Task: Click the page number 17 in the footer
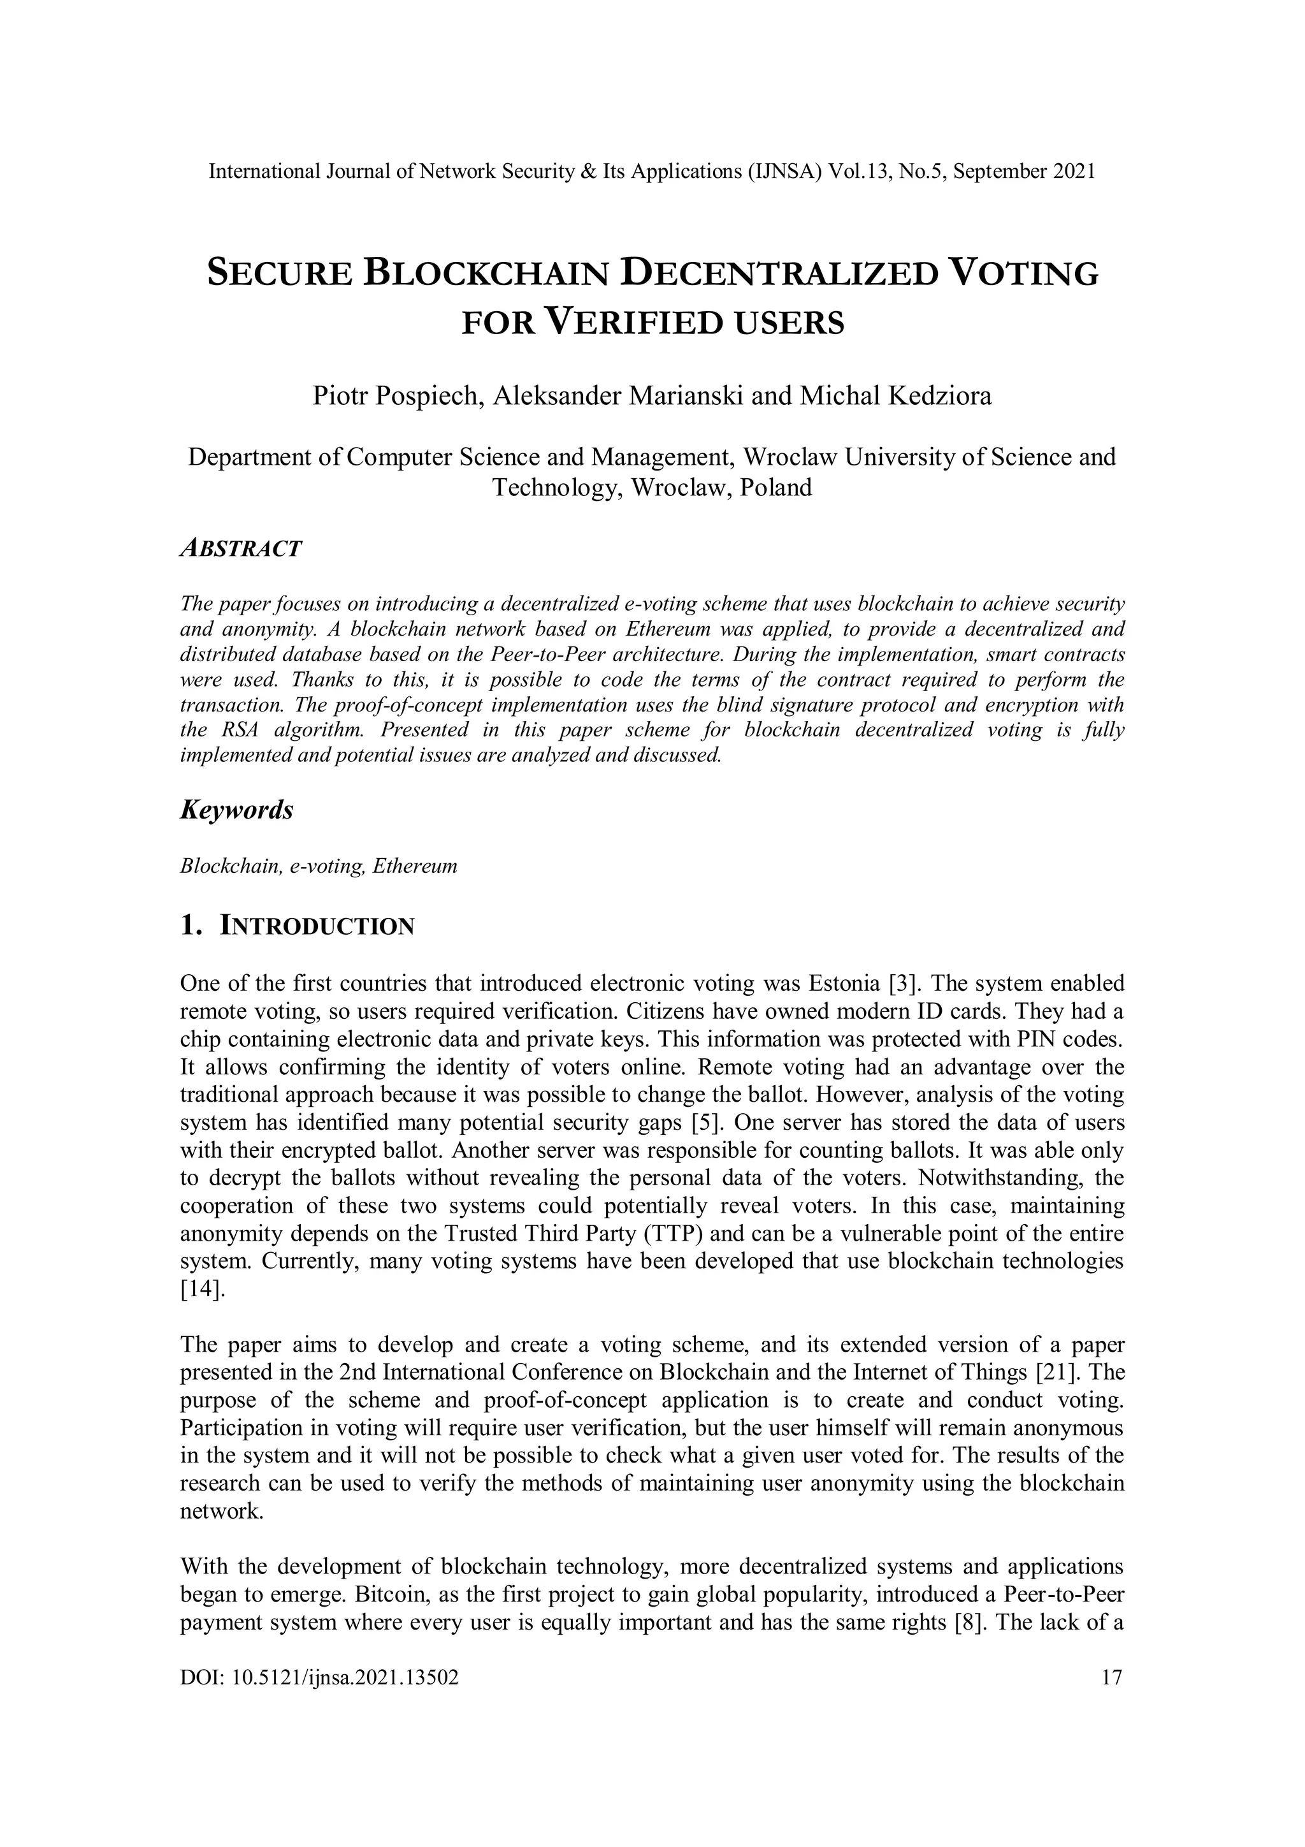click(x=1111, y=1678)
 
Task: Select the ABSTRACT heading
click(x=240, y=549)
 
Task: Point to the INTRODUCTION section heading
click(x=317, y=927)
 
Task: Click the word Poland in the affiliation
click(x=776, y=488)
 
